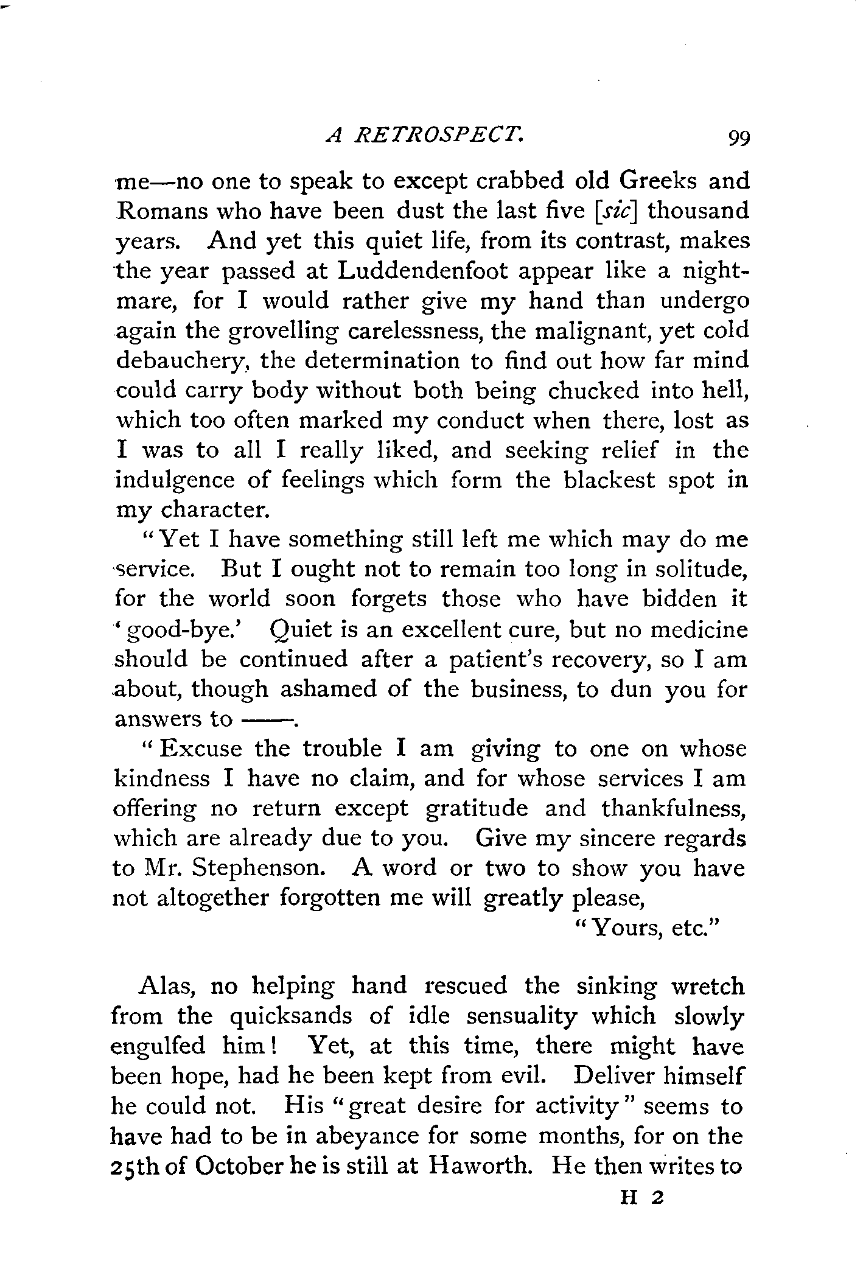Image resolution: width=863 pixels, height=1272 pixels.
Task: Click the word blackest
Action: [609, 480]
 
